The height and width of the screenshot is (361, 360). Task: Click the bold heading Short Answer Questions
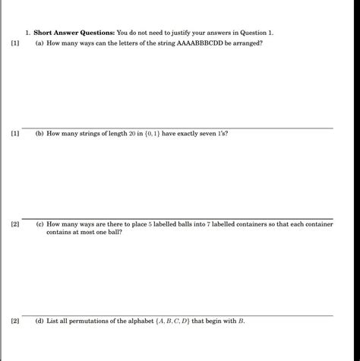[x=74, y=33]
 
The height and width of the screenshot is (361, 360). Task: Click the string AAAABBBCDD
[x=194, y=44]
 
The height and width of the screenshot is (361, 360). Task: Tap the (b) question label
[x=39, y=133]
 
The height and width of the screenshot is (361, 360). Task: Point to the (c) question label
[x=39, y=225]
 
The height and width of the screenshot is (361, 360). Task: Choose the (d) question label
[x=39, y=321]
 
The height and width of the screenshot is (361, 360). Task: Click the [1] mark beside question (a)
[x=15, y=44]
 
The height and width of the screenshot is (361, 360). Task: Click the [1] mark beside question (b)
[x=15, y=133]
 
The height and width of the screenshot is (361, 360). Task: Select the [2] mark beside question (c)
[x=15, y=225]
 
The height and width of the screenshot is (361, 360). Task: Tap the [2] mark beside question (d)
[x=15, y=321]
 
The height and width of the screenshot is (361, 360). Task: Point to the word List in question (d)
[x=52, y=321]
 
